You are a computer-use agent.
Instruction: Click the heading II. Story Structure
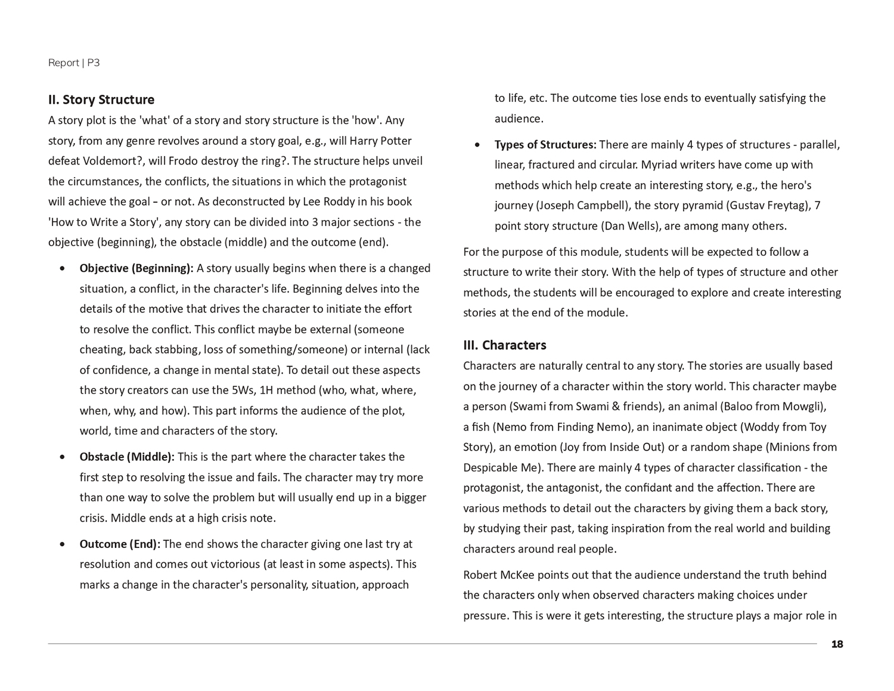tap(101, 100)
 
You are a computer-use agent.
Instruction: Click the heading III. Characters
tap(504, 345)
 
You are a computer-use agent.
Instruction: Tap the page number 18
tap(837, 644)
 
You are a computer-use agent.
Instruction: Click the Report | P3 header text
tap(74, 63)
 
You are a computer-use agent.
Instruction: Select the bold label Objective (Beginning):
tap(136, 268)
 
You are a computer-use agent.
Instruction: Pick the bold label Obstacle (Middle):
tap(127, 457)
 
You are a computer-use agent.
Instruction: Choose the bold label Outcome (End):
tap(120, 544)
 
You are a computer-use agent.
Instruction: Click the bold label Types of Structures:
tap(545, 144)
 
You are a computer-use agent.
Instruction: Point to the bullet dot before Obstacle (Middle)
tap(63, 457)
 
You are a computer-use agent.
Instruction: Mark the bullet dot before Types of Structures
tap(478, 145)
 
